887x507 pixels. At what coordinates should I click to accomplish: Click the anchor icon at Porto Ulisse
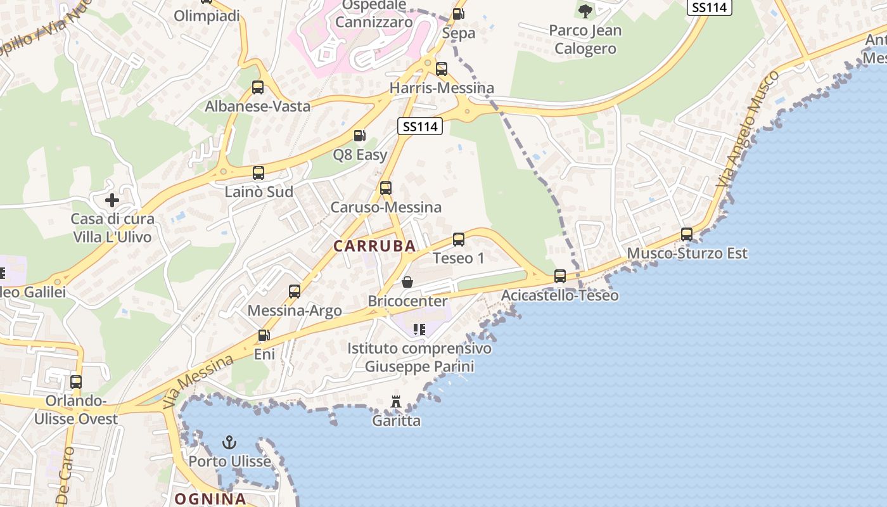pos(229,442)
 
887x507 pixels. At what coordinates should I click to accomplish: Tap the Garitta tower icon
pos(396,401)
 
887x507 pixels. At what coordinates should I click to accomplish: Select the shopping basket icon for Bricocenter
pos(407,281)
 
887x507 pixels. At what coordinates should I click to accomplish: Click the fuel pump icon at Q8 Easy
pos(359,135)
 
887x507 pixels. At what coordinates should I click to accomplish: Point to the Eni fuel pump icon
pos(264,335)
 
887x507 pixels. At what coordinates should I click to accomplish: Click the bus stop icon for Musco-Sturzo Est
pos(687,234)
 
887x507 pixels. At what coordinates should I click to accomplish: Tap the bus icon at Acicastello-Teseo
pos(560,276)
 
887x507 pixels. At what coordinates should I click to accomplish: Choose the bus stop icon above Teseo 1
pos(459,239)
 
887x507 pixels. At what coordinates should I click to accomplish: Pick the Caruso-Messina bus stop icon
pos(386,188)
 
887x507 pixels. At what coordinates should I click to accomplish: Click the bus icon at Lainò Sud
pos(258,172)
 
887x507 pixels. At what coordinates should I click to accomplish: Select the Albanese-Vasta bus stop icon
pos(258,87)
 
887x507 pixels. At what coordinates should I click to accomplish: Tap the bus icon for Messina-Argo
pos(295,291)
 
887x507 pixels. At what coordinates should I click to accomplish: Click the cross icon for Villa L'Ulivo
pos(112,200)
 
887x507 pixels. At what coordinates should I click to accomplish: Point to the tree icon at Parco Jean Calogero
pos(585,10)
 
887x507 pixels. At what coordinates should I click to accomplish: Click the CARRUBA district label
pos(374,246)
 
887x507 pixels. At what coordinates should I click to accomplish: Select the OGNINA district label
pos(210,499)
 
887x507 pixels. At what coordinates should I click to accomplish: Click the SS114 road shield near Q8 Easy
pos(420,126)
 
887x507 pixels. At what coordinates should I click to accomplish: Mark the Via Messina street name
pos(198,381)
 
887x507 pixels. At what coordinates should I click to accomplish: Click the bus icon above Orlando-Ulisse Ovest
pos(76,382)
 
